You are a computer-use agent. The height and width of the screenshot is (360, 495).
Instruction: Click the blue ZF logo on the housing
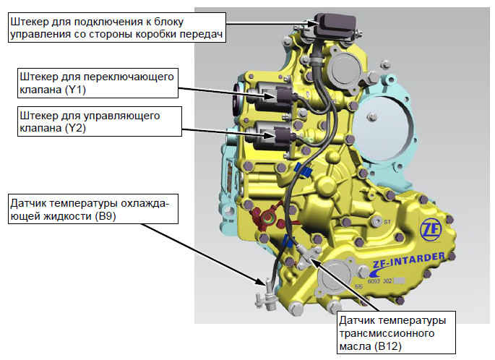tap(430, 230)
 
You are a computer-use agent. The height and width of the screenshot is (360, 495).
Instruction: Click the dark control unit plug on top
tap(336, 25)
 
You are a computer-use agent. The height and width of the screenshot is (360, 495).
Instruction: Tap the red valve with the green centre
tap(267, 218)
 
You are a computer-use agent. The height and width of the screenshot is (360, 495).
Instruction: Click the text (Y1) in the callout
tap(76, 90)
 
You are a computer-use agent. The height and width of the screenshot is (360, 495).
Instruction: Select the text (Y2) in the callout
tap(76, 128)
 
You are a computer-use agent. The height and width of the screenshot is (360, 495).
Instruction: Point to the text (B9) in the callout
tap(105, 216)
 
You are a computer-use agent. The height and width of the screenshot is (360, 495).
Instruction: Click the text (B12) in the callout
tap(388, 346)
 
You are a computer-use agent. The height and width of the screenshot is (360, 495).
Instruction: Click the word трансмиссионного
tap(387, 333)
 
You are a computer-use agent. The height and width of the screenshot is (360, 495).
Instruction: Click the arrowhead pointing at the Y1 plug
tap(270, 96)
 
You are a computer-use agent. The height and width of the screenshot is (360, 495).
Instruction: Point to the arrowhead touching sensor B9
tap(259, 281)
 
